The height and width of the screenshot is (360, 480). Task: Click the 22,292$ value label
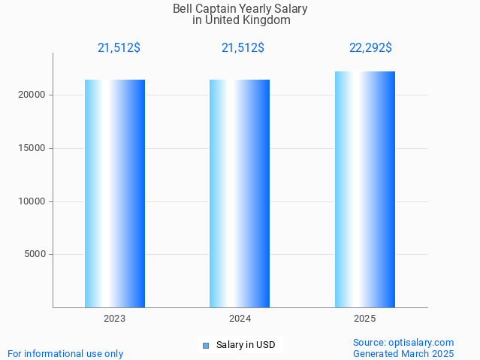(x=370, y=48)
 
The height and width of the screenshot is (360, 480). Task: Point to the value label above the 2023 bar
(x=119, y=48)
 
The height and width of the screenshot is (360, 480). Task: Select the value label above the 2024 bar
(x=243, y=48)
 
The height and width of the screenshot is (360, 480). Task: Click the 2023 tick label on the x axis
(x=114, y=319)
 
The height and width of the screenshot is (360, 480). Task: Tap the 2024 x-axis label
(x=240, y=319)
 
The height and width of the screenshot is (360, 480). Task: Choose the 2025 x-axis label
(x=364, y=319)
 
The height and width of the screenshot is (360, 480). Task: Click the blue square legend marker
(x=205, y=346)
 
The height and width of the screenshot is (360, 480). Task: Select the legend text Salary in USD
(x=245, y=346)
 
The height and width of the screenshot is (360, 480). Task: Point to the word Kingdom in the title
(x=267, y=20)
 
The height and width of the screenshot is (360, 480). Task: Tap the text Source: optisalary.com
(x=403, y=343)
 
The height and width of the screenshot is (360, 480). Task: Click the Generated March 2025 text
(x=403, y=354)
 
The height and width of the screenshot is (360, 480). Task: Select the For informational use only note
(x=65, y=354)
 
